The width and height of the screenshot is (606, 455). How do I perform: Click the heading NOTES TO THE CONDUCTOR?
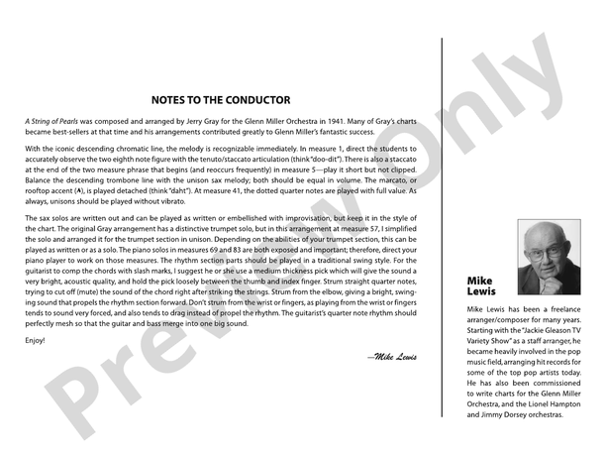click(220, 100)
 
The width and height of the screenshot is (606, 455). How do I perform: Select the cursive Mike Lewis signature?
click(391, 354)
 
